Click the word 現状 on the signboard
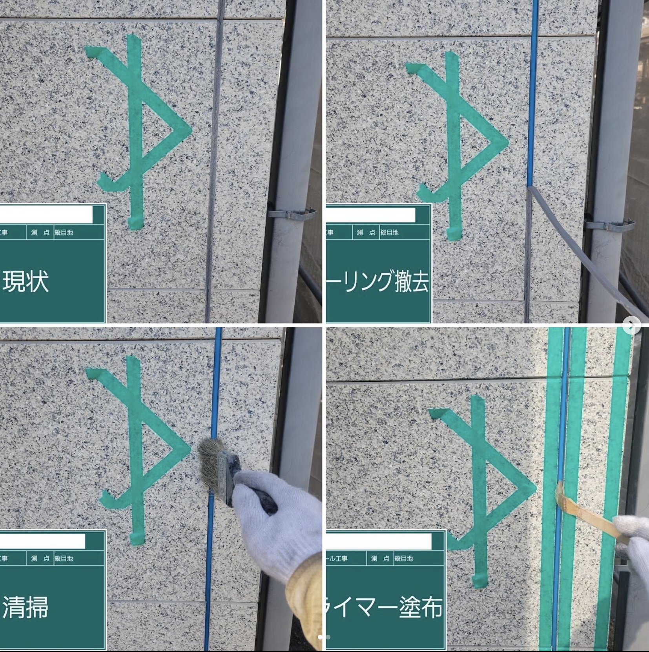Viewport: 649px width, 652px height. pyautogui.click(x=26, y=281)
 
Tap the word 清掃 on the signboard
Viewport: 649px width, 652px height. pyautogui.click(x=26, y=607)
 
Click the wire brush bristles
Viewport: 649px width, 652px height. pyautogui.click(x=212, y=456)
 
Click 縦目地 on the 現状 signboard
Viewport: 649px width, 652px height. pyautogui.click(x=64, y=233)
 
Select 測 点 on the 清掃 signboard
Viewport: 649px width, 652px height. pyautogui.click(x=40, y=559)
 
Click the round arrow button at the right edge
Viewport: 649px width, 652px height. pyautogui.click(x=632, y=325)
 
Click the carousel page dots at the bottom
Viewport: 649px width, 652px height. pyautogui.click(x=324, y=637)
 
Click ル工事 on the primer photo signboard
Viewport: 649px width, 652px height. pyautogui.click(x=337, y=559)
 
